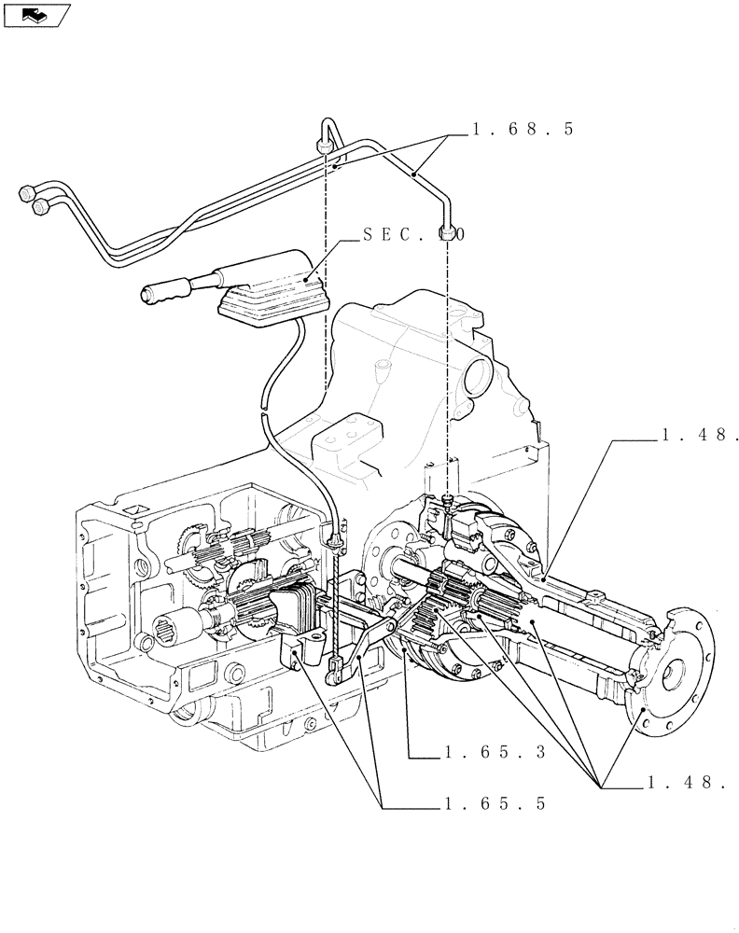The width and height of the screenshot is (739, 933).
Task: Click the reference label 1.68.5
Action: [522, 130]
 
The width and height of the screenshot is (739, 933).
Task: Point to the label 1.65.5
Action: [495, 802]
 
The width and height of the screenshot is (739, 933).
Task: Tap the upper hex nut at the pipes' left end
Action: [25, 193]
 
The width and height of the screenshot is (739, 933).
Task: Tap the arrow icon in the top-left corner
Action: [36, 14]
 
